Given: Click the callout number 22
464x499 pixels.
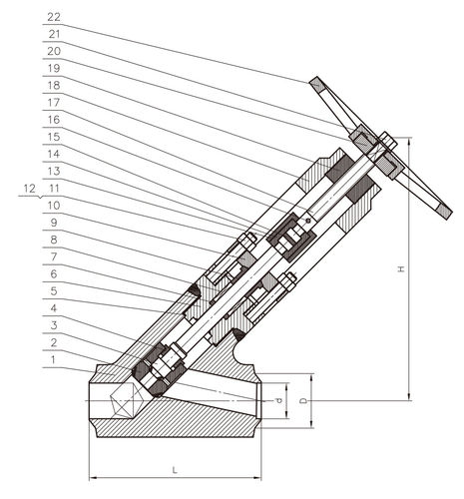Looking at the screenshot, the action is tap(54, 17).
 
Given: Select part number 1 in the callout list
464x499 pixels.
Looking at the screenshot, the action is tap(53, 360).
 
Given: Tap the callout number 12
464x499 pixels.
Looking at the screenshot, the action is tap(29, 189).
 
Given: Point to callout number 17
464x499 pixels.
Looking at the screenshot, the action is tap(54, 103).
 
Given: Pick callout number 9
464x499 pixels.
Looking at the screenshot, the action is tap(54, 223).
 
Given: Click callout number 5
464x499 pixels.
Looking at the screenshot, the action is tap(54, 291).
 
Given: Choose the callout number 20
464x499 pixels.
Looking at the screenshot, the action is tap(54, 51).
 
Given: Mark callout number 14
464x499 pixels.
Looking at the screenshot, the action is tap(54, 155).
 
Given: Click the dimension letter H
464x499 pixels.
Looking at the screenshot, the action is tap(402, 268).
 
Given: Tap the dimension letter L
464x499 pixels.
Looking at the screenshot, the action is tap(175, 470).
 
